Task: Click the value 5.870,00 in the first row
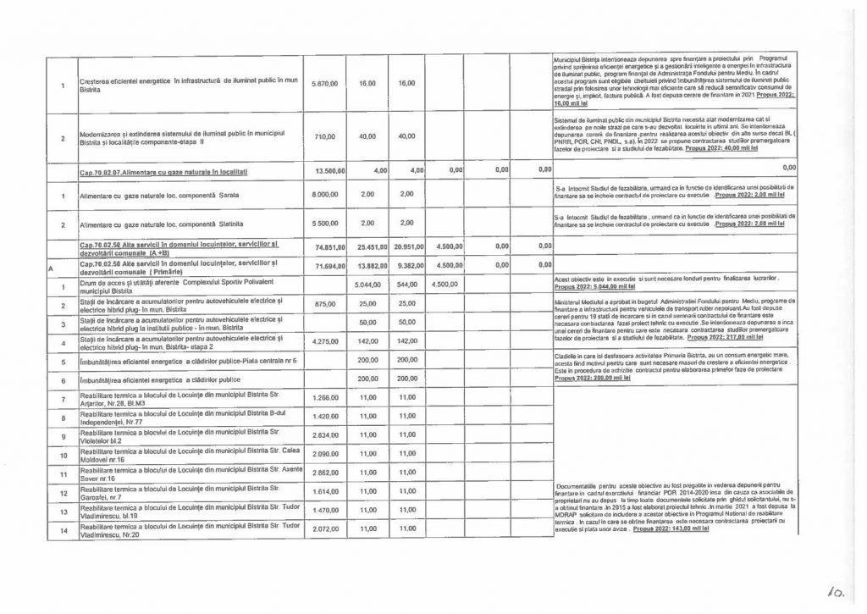point(325,84)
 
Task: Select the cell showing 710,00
point(325,136)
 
